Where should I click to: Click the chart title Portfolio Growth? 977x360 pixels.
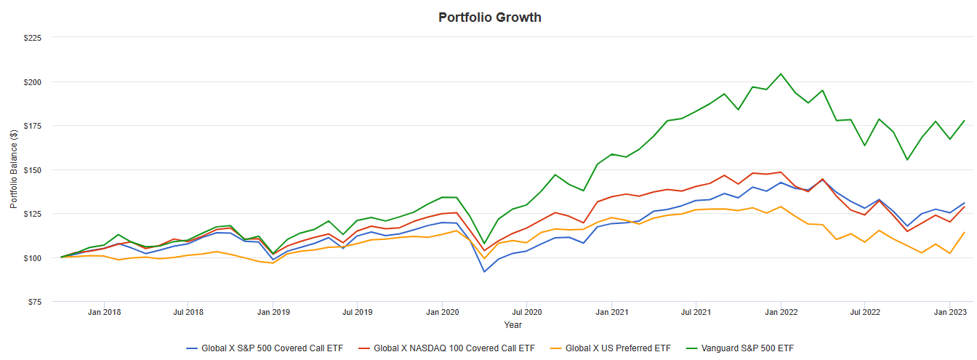489,17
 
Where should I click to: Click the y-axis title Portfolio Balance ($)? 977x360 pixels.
14,169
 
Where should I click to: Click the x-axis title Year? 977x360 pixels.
512,324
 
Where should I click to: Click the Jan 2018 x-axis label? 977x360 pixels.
104,313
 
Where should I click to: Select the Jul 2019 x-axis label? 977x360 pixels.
357,313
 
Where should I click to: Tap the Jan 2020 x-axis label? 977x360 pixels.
442,313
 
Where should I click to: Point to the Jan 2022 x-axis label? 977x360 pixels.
781,313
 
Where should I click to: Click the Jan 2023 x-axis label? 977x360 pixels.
949,313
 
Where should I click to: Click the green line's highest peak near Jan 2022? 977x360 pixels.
781,73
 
